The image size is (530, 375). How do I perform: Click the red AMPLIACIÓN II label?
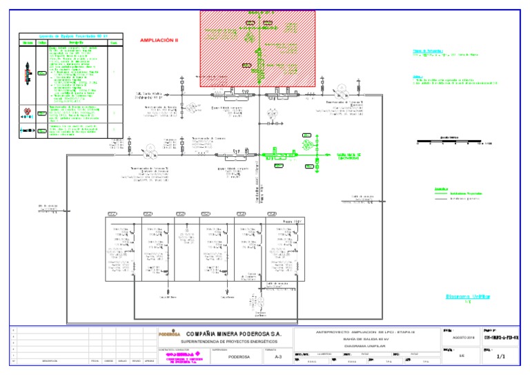(159, 41)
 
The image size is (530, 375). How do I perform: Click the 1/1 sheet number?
(501, 356)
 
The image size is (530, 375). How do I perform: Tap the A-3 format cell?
(278, 358)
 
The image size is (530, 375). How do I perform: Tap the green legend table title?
(70, 36)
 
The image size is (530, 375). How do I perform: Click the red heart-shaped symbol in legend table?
(28, 111)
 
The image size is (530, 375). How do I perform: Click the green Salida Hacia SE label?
(349, 155)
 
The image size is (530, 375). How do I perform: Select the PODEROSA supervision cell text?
(238, 358)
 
